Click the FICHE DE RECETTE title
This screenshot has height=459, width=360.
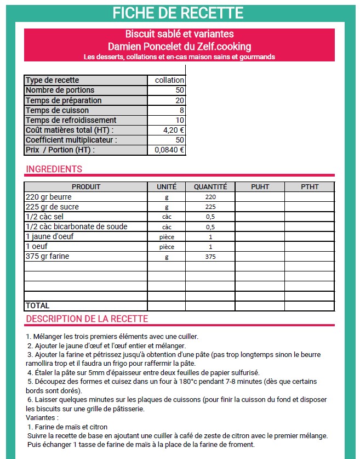click(178, 12)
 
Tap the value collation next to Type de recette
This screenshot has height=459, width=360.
click(169, 80)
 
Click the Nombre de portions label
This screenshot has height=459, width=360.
click(60, 90)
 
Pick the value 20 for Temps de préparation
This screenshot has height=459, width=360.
click(179, 100)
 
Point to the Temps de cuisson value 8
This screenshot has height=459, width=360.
click(181, 110)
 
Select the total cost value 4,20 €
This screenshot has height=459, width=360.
click(174, 130)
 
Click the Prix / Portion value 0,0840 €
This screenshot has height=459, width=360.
click(169, 150)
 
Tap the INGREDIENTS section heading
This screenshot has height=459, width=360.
click(54, 169)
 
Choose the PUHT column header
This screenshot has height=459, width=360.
click(260, 187)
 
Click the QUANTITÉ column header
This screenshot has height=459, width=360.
click(210, 187)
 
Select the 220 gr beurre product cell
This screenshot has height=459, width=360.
click(48, 197)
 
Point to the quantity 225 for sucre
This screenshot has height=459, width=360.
click(210, 207)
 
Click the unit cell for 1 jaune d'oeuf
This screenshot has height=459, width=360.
click(167, 237)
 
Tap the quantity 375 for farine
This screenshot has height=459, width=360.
click(210, 257)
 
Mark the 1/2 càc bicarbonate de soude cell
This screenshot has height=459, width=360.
click(76, 227)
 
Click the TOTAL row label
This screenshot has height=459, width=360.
click(38, 305)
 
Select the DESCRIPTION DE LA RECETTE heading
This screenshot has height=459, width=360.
click(87, 319)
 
